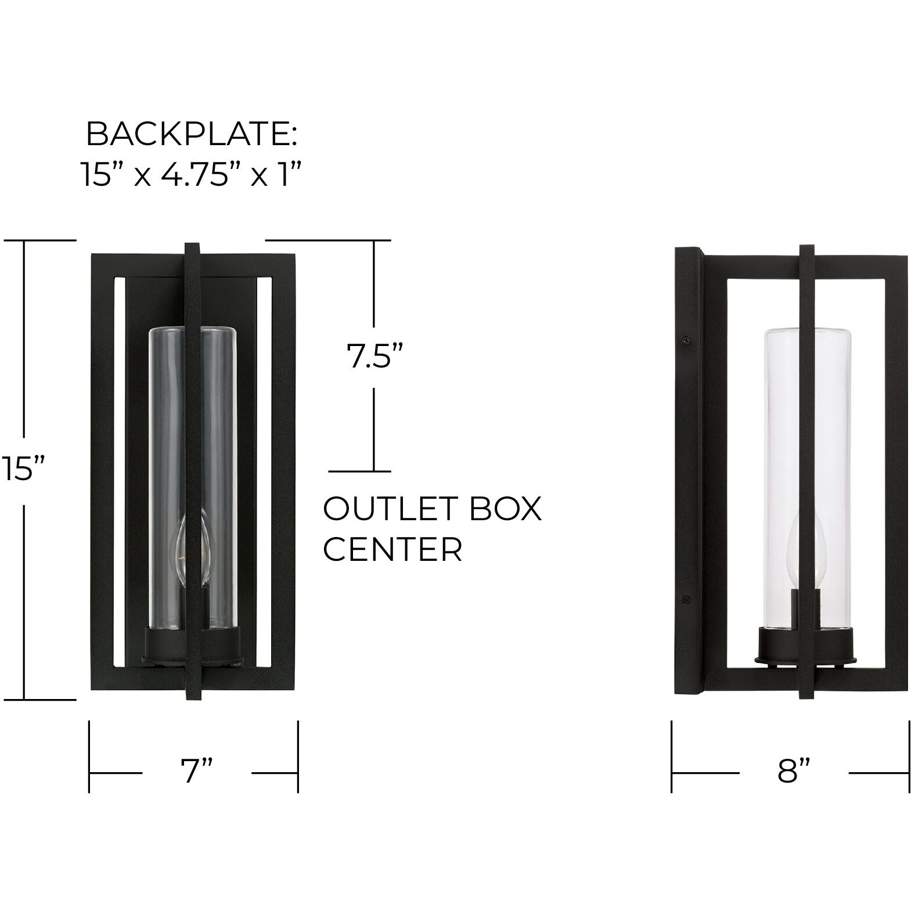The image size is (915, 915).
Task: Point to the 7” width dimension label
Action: pyautogui.click(x=196, y=772)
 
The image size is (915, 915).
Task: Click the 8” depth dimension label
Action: pyautogui.click(x=793, y=772)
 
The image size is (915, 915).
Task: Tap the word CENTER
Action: pyautogui.click(x=392, y=549)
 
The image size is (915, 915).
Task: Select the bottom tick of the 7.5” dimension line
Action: pyautogui.click(x=360, y=471)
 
